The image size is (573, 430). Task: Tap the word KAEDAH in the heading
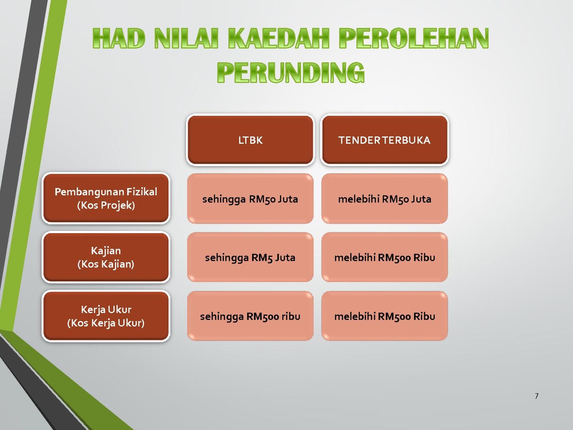(279, 38)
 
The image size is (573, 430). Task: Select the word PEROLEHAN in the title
(414, 38)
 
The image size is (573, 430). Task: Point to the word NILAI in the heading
(186, 38)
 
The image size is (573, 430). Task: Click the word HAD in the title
(119, 38)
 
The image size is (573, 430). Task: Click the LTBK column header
(250, 140)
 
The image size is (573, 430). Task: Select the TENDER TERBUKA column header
(385, 140)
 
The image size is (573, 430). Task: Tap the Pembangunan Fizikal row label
(106, 199)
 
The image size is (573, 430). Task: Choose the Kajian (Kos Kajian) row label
(106, 257)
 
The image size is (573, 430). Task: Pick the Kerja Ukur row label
(106, 316)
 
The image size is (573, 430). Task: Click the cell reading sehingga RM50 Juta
(250, 199)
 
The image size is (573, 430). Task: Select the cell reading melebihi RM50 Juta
(385, 199)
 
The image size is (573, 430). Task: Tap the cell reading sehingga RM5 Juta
(250, 257)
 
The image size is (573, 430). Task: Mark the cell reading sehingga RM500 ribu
(250, 316)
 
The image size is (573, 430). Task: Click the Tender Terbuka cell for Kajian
(385, 257)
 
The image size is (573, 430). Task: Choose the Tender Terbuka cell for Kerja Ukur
(385, 316)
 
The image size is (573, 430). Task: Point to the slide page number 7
(536, 396)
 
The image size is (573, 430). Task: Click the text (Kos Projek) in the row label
(106, 205)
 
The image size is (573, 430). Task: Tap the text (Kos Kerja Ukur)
(106, 323)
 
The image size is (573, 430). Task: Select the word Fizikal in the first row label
(142, 192)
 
